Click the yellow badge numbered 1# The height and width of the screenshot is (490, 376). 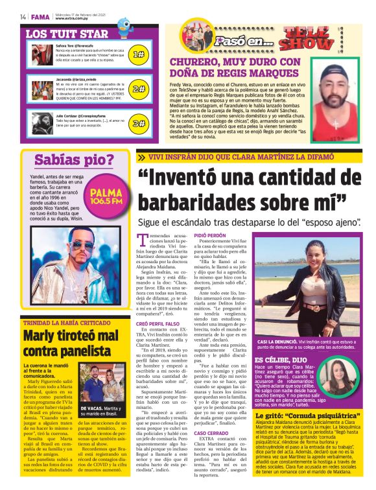coord(138,54)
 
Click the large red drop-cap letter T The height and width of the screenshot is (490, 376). coord(143,239)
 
